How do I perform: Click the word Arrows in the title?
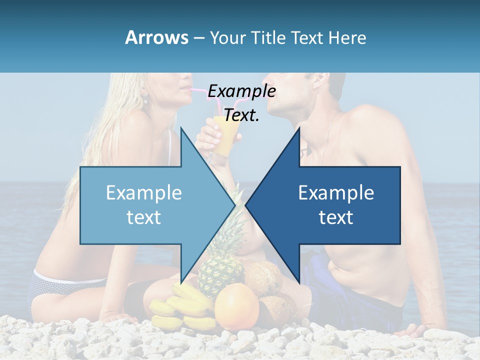click(157, 37)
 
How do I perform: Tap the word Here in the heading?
click(347, 37)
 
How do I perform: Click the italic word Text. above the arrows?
click(241, 115)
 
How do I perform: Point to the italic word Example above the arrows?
click(241, 91)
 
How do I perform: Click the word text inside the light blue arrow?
click(143, 217)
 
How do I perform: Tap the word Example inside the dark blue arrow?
click(336, 193)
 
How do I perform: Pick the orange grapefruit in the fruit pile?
click(236, 306)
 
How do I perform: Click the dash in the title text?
click(198, 38)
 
